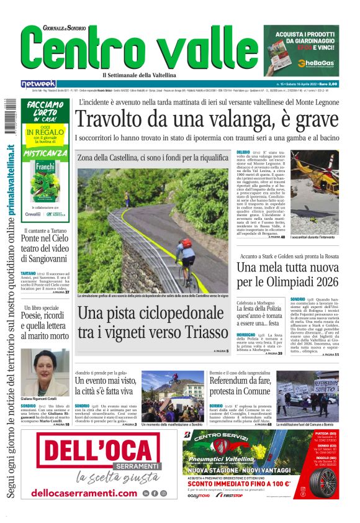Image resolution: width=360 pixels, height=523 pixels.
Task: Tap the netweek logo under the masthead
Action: (38, 84)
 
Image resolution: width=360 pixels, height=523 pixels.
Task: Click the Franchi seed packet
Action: (45, 180)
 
